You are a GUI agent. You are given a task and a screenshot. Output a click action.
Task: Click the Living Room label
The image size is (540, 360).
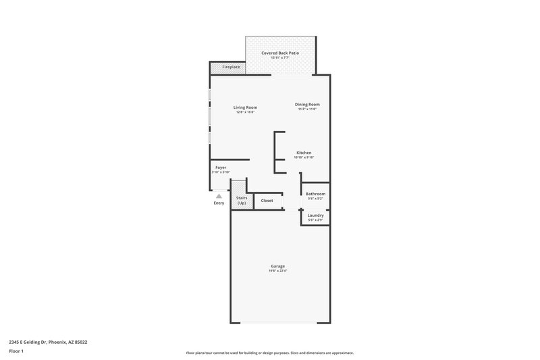pyautogui.click(x=245, y=107)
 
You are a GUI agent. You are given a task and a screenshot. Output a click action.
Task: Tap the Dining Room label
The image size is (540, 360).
pyautogui.click(x=308, y=104)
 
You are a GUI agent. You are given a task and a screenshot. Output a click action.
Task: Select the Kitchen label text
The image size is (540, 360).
pyautogui.click(x=304, y=153)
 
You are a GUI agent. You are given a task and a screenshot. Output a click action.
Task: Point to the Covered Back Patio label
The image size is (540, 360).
pyautogui.click(x=280, y=52)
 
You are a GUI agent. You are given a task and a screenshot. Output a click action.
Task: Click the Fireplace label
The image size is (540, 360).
pyautogui.click(x=231, y=68)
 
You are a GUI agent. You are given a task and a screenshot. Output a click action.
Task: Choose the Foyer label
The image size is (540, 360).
pyautogui.click(x=221, y=167)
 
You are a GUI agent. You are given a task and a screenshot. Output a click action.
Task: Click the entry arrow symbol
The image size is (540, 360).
pyautogui.click(x=219, y=196)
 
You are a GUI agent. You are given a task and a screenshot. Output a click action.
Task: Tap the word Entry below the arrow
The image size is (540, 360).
pyautogui.click(x=219, y=203)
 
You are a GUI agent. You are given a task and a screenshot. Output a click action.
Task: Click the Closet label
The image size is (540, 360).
pyautogui.click(x=267, y=201)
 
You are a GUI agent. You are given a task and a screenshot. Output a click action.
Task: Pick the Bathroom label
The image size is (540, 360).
pyautogui.click(x=315, y=194)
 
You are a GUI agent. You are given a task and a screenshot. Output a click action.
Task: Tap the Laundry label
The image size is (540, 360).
pyautogui.click(x=315, y=215)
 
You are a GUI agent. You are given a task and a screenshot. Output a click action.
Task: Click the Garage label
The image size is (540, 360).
pyautogui.click(x=278, y=266)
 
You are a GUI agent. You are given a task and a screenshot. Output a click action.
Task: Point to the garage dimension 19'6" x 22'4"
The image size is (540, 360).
pyautogui.click(x=278, y=271)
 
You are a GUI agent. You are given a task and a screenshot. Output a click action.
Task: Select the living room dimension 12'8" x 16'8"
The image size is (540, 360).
pyautogui.click(x=245, y=112)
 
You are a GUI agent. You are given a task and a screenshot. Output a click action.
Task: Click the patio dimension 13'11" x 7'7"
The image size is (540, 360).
pyautogui.click(x=280, y=57)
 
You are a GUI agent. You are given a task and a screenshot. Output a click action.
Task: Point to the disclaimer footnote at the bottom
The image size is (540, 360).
pyautogui.click(x=269, y=353)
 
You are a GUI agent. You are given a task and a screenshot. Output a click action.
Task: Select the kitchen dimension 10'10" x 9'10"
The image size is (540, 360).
pyautogui.click(x=304, y=157)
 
